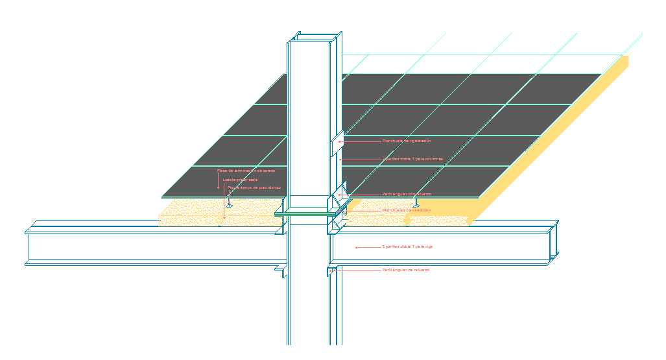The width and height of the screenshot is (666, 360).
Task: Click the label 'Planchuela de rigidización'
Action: tap(407, 141)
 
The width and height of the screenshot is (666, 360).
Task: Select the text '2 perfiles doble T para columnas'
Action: tap(412, 159)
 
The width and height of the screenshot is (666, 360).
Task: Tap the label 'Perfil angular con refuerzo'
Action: tap(407, 194)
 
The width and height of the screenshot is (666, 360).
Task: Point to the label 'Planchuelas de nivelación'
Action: tap(407, 210)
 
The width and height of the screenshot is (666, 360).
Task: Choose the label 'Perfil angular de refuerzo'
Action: tap(406, 270)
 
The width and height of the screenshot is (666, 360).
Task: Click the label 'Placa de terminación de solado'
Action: tap(246, 171)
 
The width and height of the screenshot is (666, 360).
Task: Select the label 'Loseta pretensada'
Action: tap(240, 179)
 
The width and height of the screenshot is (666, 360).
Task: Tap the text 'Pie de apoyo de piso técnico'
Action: tap(254, 187)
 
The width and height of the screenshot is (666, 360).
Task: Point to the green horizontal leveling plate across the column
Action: tap(305, 212)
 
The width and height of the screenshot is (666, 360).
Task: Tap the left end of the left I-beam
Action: tap(27, 246)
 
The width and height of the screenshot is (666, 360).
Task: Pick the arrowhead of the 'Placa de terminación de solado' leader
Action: tap(218, 187)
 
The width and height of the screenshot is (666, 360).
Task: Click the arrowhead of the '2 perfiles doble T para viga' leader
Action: tap(356, 247)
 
